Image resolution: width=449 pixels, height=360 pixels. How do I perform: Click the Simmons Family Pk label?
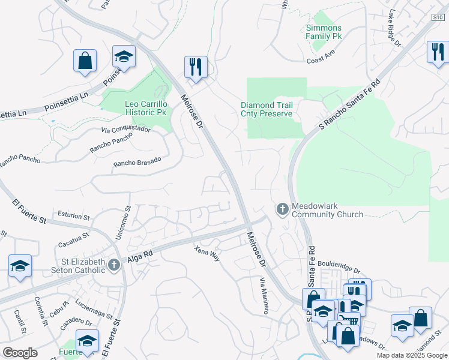324,32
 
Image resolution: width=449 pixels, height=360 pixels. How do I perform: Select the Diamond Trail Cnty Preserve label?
267,109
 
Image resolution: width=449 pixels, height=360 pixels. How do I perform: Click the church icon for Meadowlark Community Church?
283,209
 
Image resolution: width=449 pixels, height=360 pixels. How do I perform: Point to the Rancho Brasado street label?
137,161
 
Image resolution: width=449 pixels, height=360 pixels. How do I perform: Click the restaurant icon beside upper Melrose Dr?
196,67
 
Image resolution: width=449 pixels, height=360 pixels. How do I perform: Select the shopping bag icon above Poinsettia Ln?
85,60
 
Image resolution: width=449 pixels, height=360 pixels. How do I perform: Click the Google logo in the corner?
20,353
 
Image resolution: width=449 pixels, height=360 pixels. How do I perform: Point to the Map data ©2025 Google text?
411,355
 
